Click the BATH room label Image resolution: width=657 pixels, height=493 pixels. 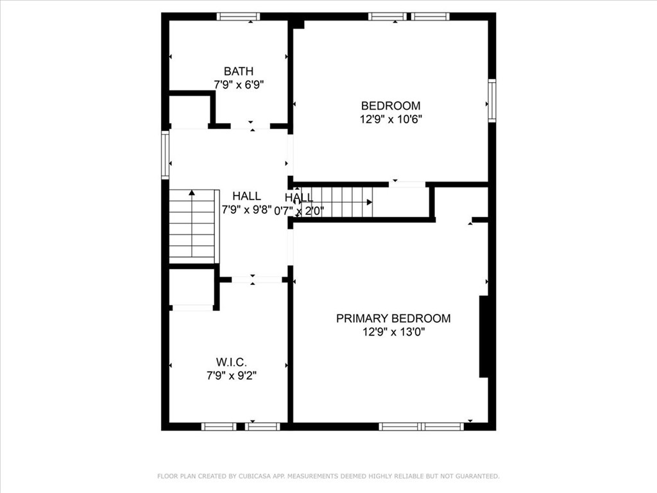pyautogui.click(x=238, y=71)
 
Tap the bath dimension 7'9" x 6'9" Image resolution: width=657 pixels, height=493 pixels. pyautogui.click(x=239, y=84)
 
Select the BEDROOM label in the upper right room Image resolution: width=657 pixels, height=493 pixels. pyautogui.click(x=390, y=106)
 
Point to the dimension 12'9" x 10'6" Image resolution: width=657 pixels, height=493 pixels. pyautogui.click(x=390, y=119)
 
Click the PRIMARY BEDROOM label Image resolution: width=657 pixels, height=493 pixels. pyautogui.click(x=393, y=318)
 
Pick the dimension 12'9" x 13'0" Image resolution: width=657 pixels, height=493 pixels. pyautogui.click(x=393, y=332)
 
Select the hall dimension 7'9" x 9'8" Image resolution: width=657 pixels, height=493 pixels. pyautogui.click(x=246, y=209)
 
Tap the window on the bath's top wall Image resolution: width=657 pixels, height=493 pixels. pyautogui.click(x=238, y=16)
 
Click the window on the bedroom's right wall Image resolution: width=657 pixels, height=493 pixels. pyautogui.click(x=492, y=100)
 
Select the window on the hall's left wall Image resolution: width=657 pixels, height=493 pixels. pyautogui.click(x=165, y=155)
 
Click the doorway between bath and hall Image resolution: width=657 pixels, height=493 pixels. pyautogui.click(x=250, y=126)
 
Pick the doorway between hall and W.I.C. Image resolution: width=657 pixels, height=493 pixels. pyautogui.click(x=257, y=279)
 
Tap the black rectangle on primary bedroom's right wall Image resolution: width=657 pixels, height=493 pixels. pyautogui.click(x=484, y=336)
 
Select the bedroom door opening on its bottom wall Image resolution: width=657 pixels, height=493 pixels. pyautogui.click(x=407, y=184)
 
